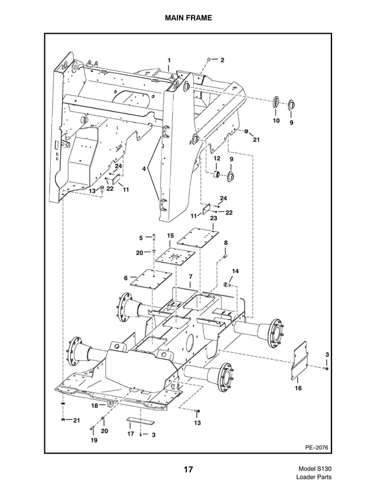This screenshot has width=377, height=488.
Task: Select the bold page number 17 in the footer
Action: click(188, 470)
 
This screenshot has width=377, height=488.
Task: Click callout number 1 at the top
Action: click(168, 61)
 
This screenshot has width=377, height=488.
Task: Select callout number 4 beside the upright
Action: click(144, 170)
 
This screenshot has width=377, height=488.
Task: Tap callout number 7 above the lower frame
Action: click(190, 276)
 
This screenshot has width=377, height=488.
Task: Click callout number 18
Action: click(94, 406)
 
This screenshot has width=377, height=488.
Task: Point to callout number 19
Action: click(93, 440)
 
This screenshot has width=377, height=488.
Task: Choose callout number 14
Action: click(235, 271)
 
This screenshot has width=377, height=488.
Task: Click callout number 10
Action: click(275, 121)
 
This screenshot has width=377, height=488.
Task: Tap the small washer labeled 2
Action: click(210, 60)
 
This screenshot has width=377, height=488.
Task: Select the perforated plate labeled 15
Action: click(173, 259)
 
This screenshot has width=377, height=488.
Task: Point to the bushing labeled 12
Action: click(217, 175)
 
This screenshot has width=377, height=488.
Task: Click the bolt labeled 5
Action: click(153, 238)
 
